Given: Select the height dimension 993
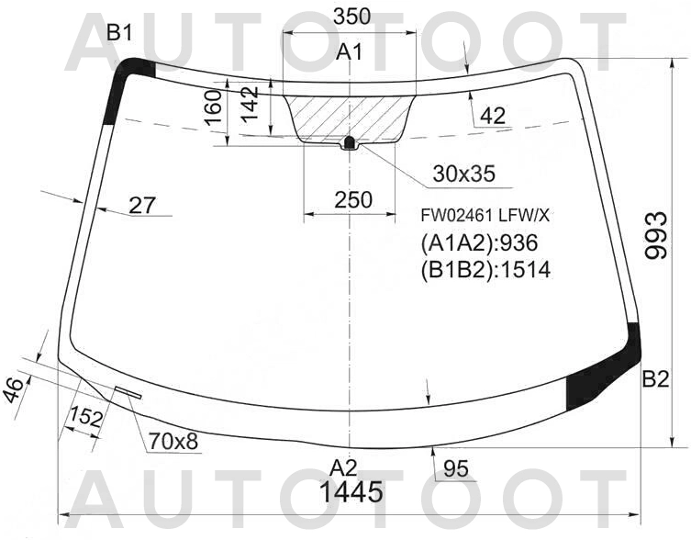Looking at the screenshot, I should (x=655, y=236).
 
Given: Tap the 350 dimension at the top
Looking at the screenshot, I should (x=351, y=17).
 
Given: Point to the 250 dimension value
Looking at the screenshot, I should (x=352, y=199).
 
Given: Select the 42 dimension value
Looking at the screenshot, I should (x=492, y=116).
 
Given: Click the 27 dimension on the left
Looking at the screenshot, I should (x=141, y=205).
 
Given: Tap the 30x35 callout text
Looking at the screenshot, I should (x=463, y=173).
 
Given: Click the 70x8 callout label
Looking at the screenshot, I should (x=173, y=442).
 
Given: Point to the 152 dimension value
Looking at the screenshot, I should (x=85, y=417).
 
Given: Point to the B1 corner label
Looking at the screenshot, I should (x=119, y=33).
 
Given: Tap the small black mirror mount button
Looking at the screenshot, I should (x=349, y=143).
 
